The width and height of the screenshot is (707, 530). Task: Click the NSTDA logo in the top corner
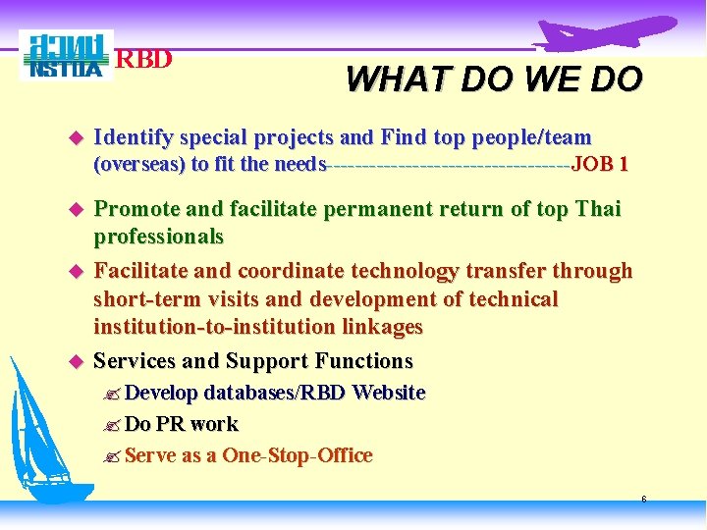[x=66, y=56]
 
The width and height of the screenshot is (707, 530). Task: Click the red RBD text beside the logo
[x=144, y=60]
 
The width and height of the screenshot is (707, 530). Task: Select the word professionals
[x=158, y=237]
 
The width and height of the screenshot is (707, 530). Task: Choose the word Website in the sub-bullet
[x=388, y=393]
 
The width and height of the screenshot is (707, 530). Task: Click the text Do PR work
[x=181, y=424]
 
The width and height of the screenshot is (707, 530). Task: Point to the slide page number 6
[x=643, y=500]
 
